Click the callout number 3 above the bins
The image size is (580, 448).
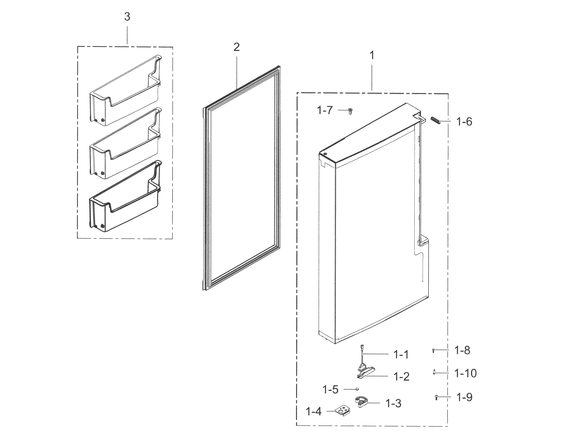pos(127,17)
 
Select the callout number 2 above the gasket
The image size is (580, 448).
pos(236,48)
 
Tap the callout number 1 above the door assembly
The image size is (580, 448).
pos(372,56)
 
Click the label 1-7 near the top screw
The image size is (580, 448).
pos(325,110)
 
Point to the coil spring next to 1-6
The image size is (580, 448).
pos(435,120)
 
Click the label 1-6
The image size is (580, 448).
pos(464,122)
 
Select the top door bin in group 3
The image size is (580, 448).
pos(125,91)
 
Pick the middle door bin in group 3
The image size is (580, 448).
pos(125,144)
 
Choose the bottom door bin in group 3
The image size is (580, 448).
pos(125,198)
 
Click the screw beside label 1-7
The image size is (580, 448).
pos(350,111)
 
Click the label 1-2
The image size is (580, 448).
pos(401,377)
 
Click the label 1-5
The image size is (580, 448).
pos(330,390)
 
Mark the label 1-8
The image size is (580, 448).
pos(462,351)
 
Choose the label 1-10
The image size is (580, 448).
pos(466,373)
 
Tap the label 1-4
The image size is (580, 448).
pos(314,412)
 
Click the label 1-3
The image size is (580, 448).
pos(393,404)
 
